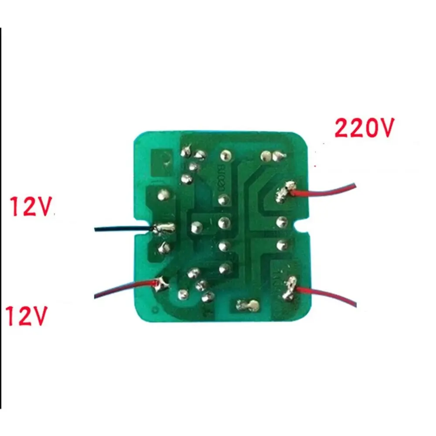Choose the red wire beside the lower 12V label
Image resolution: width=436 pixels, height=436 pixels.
point(122,290)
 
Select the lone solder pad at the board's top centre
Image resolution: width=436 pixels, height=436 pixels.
point(225,154)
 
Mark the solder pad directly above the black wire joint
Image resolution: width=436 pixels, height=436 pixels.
point(162,195)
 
